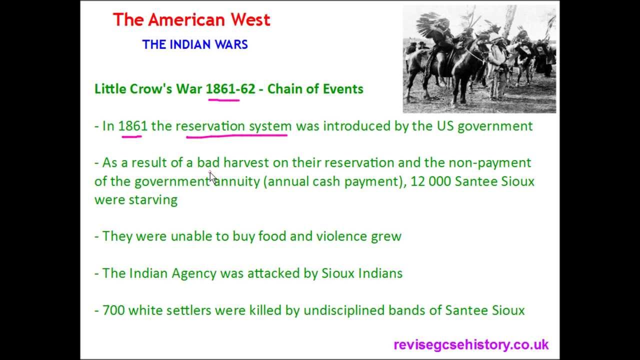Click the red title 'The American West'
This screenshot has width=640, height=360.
coord(191,20)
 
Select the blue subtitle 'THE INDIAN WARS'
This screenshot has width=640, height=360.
coord(195,44)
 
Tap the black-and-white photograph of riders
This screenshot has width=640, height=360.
coord(479,59)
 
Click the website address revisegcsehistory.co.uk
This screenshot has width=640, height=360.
coord(471,344)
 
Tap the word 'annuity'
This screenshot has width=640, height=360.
coord(237,181)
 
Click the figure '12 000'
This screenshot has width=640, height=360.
coord(430,181)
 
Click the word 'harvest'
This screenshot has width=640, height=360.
coord(246,163)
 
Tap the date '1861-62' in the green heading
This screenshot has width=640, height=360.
coord(230,89)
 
